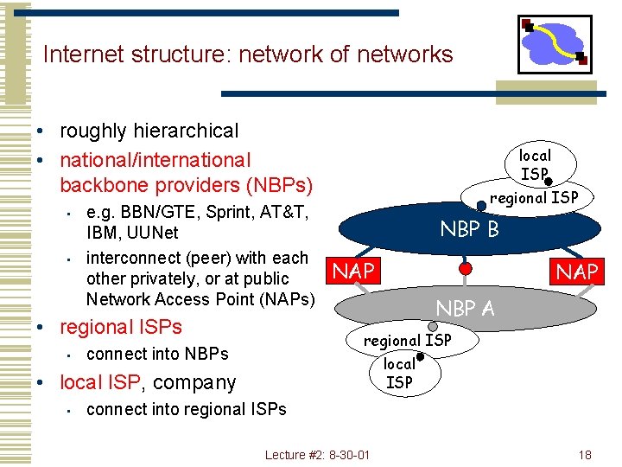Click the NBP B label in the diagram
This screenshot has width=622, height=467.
pos(469,229)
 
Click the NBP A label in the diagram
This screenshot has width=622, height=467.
pos(465,308)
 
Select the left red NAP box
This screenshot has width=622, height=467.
pos(353,271)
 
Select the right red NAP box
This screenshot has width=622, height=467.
pos(577,272)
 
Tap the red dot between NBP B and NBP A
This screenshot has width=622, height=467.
pos(465,268)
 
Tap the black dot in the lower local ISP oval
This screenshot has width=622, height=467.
pos(420,356)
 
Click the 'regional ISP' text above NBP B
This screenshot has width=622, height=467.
pos(534,197)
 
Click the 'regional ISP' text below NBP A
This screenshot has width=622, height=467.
pos(407,340)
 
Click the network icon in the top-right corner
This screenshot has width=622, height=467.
pos(555,44)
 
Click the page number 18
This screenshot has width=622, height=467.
pos(585,455)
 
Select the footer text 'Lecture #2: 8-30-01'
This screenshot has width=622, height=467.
pos(317,455)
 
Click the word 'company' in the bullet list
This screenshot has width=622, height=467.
pos(195,381)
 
